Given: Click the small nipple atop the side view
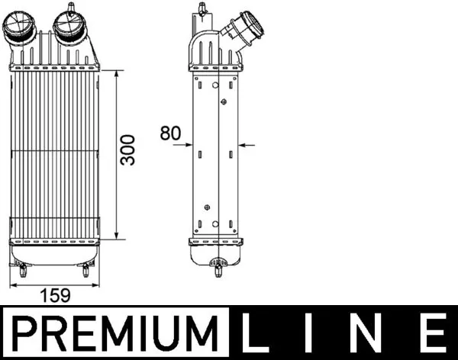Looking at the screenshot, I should pos(202,8).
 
